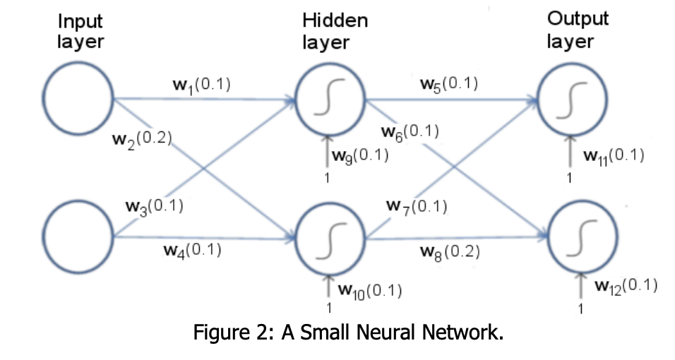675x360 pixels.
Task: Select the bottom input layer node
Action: coord(78,233)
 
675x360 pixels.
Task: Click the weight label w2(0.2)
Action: coord(143,138)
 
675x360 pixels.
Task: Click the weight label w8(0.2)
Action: coord(450,251)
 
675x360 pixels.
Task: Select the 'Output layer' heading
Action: coord(578,30)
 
